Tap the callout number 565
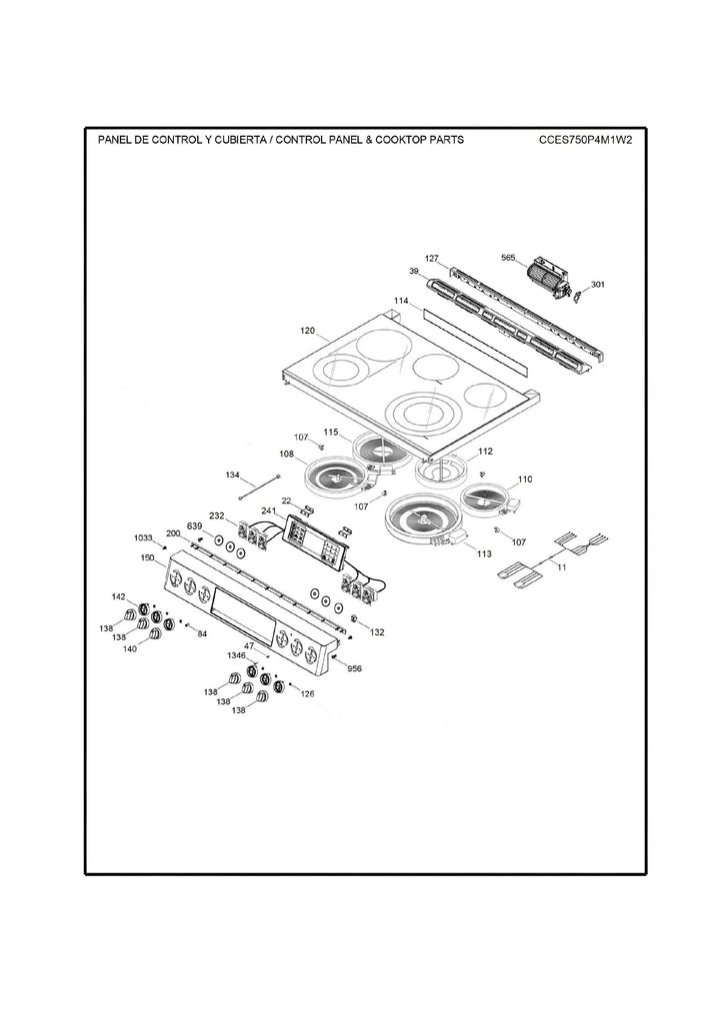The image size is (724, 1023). click(x=508, y=257)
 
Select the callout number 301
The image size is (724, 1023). click(x=597, y=285)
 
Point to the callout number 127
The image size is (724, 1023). click(x=431, y=259)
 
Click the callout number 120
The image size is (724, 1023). click(x=307, y=330)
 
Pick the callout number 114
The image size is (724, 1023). click(x=400, y=301)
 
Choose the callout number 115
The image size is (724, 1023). click(x=331, y=432)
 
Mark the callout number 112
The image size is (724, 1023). click(x=486, y=451)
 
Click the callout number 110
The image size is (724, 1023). click(x=526, y=481)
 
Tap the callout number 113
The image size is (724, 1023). click(x=484, y=553)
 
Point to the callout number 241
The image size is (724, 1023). click(x=268, y=510)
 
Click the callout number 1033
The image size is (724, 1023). click(x=143, y=538)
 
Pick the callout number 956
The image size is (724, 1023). click(x=354, y=668)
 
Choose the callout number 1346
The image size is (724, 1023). click(x=236, y=655)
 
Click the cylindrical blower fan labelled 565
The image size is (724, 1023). click(x=546, y=272)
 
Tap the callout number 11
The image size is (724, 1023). click(x=561, y=567)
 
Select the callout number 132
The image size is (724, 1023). click(x=377, y=632)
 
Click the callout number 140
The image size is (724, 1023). click(x=129, y=648)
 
